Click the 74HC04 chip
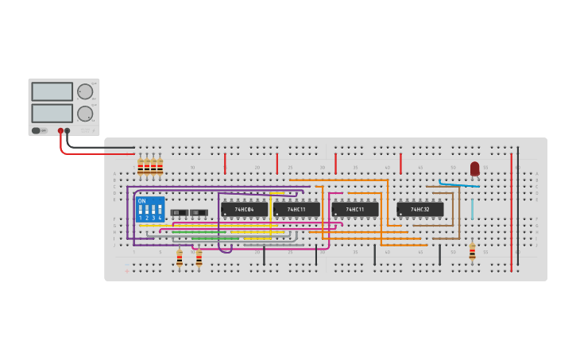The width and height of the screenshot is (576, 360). pos(244,209)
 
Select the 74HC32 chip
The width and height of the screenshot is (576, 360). pos(419,209)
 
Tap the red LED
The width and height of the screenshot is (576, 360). pos(474,168)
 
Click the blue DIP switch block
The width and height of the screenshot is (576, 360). pos(150,210)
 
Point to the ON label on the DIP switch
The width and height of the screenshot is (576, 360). pos(142,201)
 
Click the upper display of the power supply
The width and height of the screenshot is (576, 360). pos(52,91)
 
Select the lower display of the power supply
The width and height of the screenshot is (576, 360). pos(52,113)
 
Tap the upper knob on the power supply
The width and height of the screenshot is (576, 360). pos(84,91)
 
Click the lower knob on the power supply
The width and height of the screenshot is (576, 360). pos(84,113)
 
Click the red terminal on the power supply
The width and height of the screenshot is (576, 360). pos(60,130)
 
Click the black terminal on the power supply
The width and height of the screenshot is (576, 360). pos(68,130)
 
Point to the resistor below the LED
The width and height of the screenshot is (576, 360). pos(472,251)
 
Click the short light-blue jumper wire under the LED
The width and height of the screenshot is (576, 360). pos(472,208)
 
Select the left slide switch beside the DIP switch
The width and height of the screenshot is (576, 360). pos(180,212)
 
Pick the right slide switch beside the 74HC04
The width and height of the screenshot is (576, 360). pos(199,212)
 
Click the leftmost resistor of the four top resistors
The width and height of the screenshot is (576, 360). pos(141,166)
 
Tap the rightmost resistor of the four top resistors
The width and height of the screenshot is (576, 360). pos(160,166)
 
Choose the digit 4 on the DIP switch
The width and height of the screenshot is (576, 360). pos(160,218)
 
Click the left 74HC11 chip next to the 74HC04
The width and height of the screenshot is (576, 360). pos(296,209)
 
